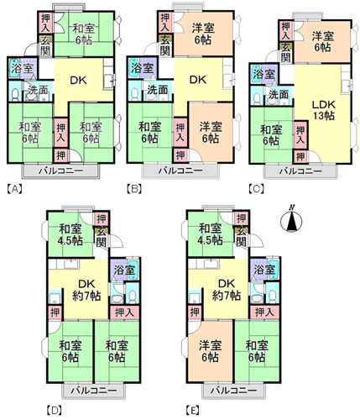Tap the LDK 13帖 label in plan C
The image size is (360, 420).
coord(323,110)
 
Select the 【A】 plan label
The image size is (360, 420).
coord(14,190)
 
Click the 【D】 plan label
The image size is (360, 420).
coord(54,411)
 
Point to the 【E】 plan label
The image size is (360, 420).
coord(193,411)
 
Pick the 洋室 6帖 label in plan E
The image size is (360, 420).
coord(210,351)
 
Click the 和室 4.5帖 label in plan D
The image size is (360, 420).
coord(70,234)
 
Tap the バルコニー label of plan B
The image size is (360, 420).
coord(180,171)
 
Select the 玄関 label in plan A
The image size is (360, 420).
coord(44,46)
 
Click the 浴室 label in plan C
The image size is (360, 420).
coord(264,75)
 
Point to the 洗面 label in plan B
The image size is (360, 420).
coord(158,90)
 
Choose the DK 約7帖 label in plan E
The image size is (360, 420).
coord(227,290)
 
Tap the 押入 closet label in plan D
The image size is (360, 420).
coord(124,312)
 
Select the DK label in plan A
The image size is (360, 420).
coord(78,81)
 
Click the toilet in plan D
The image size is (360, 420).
coord(132,295)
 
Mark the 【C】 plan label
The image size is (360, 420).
coord(256,190)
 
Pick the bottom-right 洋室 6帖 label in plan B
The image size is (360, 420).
coord(211,132)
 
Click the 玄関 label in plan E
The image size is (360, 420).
coord(241,237)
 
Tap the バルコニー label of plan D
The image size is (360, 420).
coord(93,390)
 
